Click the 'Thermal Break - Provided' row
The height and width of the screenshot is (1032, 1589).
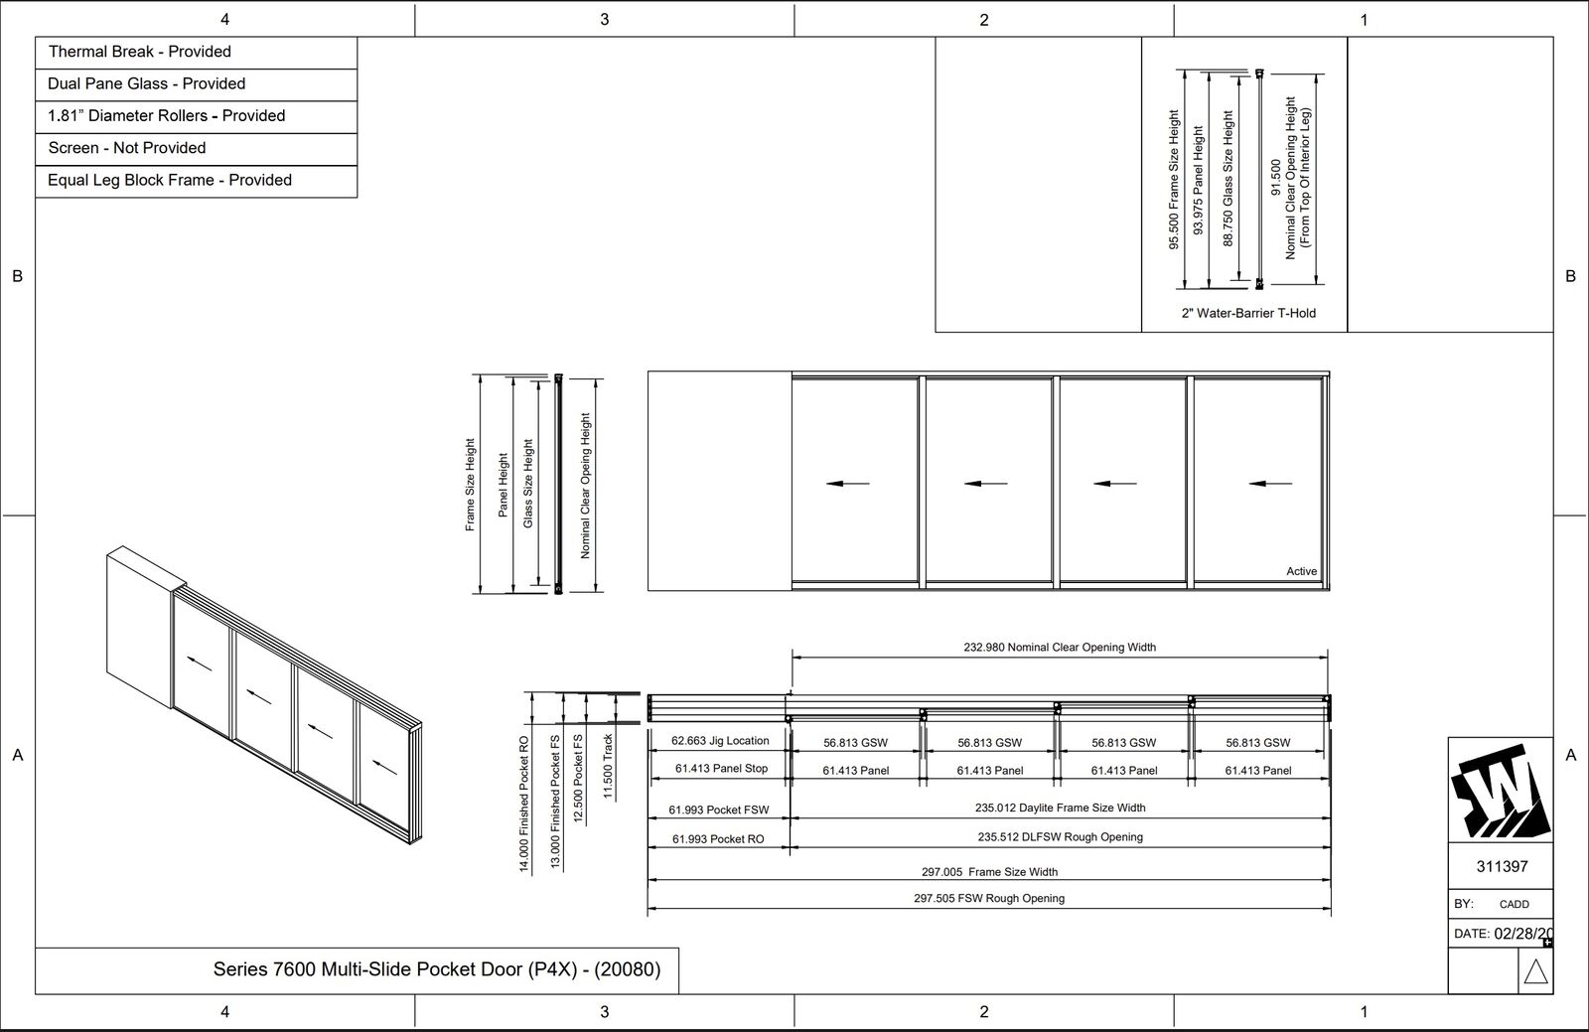[196, 53]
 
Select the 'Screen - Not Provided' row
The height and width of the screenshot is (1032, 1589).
[196, 149]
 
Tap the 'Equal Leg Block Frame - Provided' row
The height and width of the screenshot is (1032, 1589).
[196, 181]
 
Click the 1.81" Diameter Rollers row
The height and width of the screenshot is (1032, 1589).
[196, 116]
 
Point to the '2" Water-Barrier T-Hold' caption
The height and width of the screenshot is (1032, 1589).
[1248, 313]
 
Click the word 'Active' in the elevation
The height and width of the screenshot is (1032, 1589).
[1301, 571]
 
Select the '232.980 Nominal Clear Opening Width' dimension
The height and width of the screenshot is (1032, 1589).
[1060, 647]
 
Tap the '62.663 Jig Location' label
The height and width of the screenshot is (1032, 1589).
[720, 741]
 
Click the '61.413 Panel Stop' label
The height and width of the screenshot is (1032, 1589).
[721, 768]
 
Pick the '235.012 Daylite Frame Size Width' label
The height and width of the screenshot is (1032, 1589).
[1060, 808]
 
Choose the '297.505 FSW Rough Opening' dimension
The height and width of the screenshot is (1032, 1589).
[989, 898]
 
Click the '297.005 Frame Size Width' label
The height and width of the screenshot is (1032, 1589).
[989, 872]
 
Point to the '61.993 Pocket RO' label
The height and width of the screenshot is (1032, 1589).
[718, 839]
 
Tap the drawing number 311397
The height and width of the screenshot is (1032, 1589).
[1502, 866]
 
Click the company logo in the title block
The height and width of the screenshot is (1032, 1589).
[1501, 790]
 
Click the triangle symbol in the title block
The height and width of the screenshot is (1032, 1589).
[1535, 971]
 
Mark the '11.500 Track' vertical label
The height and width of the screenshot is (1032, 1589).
[608, 766]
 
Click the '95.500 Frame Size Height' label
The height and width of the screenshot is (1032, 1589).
[1174, 180]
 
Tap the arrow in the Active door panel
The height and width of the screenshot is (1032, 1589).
[1270, 484]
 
